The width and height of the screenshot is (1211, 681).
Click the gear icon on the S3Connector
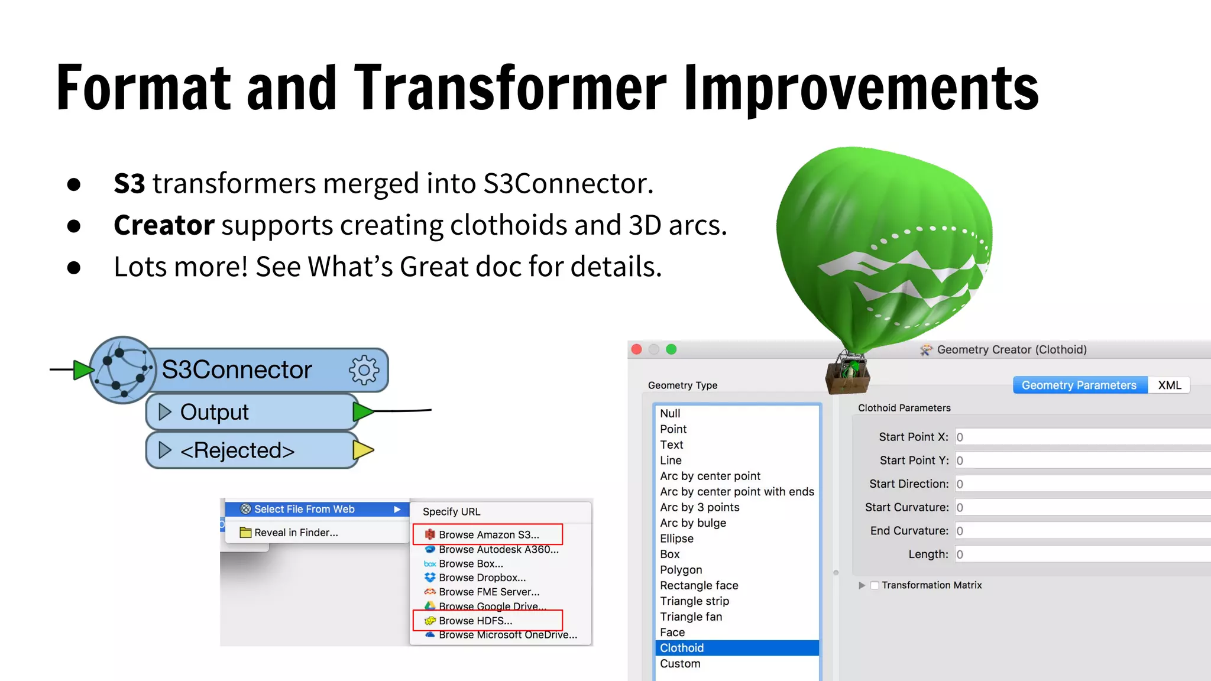click(364, 370)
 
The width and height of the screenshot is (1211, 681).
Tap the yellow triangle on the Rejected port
click(362, 450)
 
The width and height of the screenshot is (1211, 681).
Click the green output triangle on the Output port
click(362, 411)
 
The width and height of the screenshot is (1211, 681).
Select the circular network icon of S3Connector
click(123, 370)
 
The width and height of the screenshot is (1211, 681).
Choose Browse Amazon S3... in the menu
click(488, 534)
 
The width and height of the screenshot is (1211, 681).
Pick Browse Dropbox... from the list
click(482, 578)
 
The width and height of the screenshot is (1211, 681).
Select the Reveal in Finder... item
click(296, 533)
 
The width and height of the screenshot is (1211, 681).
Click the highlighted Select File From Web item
click(305, 509)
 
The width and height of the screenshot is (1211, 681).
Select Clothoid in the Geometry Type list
click(682, 648)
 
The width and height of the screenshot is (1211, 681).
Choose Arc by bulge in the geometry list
click(693, 523)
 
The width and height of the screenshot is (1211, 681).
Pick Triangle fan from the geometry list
click(691, 617)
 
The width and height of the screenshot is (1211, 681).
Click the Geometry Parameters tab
click(1079, 385)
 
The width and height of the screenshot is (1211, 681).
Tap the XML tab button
click(1169, 385)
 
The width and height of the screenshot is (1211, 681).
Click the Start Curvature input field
click(1082, 508)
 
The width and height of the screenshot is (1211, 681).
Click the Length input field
click(1082, 554)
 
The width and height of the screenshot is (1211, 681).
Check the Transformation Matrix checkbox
click(875, 585)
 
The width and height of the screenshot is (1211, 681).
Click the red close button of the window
click(637, 349)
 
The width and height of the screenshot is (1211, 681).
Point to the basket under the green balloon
click(847, 378)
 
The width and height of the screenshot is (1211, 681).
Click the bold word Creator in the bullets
click(164, 225)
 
